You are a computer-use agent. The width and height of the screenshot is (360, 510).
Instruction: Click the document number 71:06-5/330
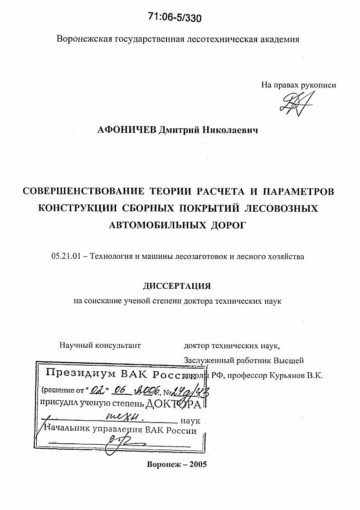[x=175, y=17]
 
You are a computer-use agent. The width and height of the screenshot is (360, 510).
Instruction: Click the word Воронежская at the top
[x=83, y=39]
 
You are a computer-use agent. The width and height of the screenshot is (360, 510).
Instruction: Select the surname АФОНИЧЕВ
[x=126, y=131]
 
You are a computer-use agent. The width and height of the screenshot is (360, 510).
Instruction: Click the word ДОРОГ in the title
[x=225, y=225]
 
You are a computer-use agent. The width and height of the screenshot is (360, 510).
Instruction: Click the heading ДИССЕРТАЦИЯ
[x=177, y=286]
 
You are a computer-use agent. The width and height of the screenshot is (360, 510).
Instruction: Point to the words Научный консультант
[x=100, y=345]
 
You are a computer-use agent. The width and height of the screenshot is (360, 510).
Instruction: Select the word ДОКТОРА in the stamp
[x=174, y=403]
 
